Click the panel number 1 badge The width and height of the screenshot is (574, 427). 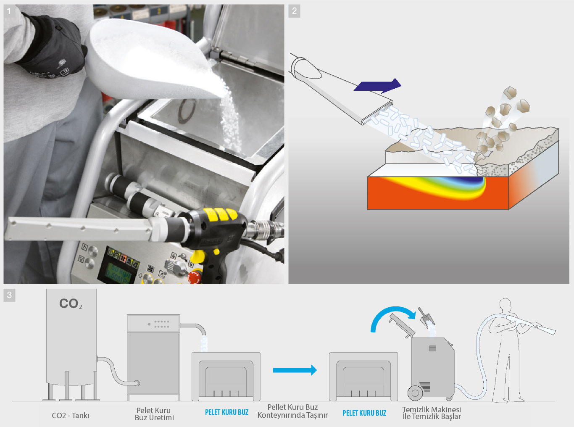9,11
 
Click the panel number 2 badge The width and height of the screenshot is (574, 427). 294,11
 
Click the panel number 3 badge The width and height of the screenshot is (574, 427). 9,295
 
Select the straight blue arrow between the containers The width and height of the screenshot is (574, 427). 295,370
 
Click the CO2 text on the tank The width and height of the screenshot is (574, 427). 71,303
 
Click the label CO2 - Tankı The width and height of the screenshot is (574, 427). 71,416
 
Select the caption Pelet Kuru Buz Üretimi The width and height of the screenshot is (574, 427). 154,414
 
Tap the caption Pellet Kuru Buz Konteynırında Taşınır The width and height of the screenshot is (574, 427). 292,411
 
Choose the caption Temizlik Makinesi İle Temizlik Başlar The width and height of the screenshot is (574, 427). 432,413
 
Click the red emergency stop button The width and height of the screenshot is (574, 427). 195,277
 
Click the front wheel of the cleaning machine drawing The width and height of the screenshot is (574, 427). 415,393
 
